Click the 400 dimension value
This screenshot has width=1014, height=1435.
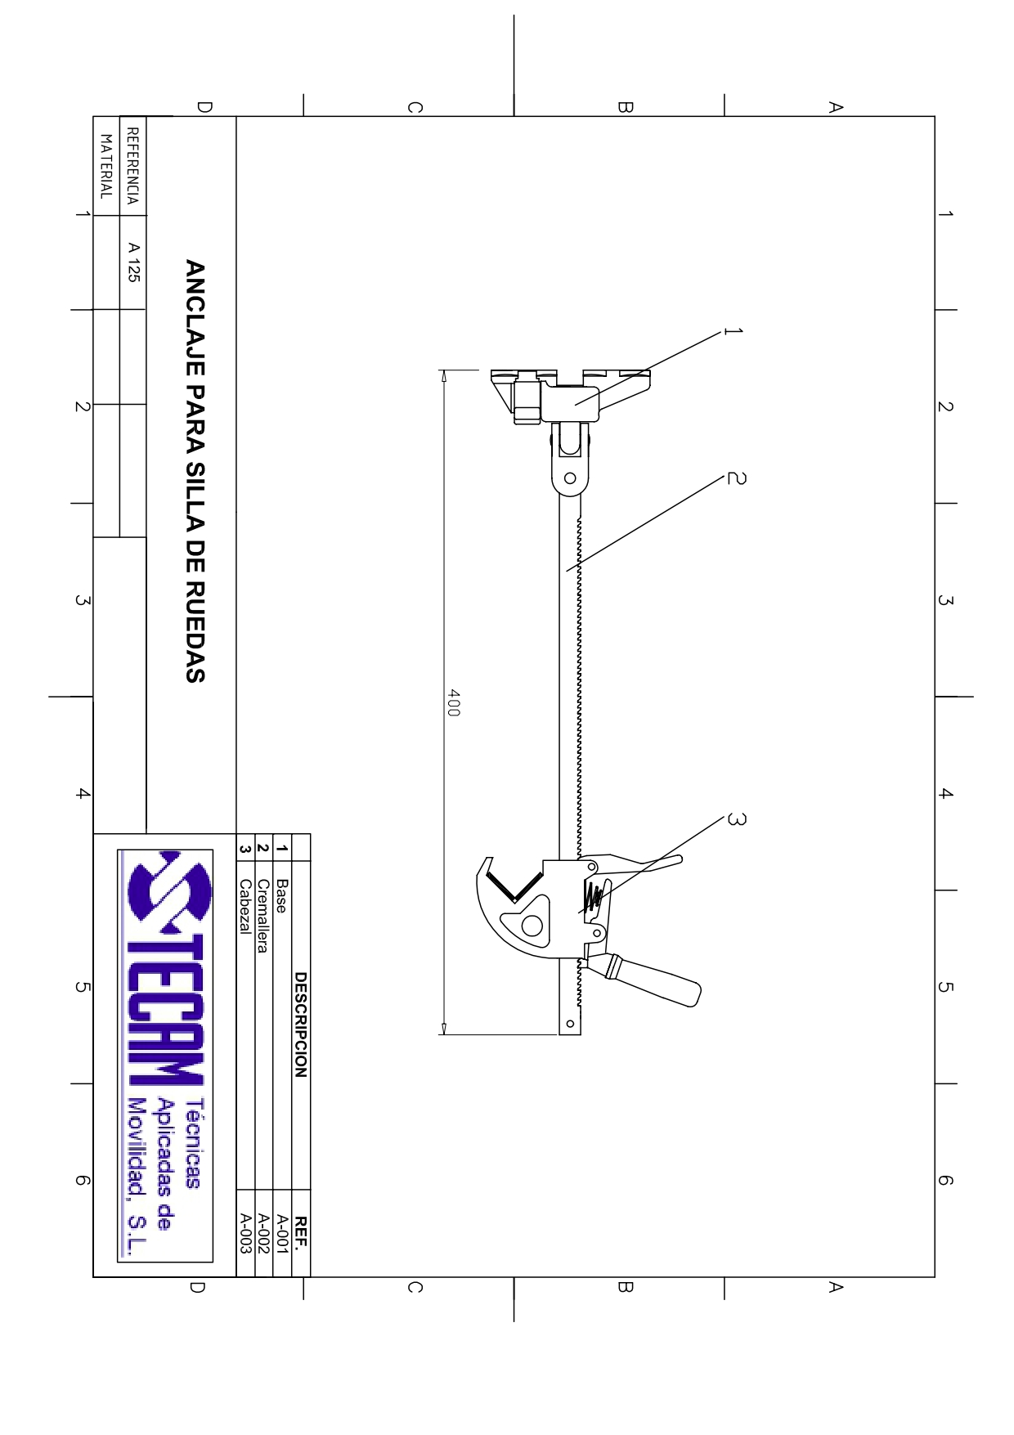[454, 703]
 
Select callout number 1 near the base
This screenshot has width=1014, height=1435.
[734, 331]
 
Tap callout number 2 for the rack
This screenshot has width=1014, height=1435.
[736, 478]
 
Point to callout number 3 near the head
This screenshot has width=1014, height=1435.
[736, 819]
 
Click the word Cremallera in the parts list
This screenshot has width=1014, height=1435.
[262, 916]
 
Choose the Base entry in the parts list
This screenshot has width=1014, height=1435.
[281, 896]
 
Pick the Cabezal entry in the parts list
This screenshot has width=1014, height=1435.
[245, 906]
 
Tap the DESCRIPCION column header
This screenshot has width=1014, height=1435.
[300, 1025]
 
